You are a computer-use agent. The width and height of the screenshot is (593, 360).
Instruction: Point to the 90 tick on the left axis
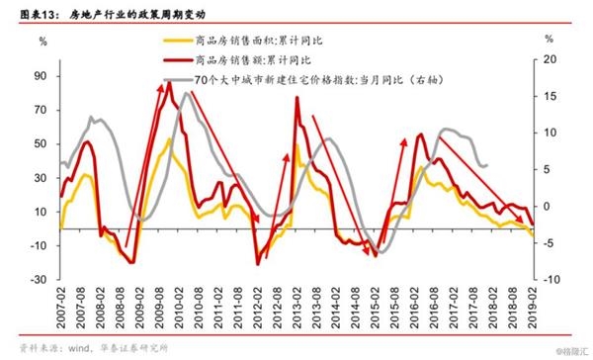tap(41, 76)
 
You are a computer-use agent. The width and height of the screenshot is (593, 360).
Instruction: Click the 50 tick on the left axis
tap(41, 144)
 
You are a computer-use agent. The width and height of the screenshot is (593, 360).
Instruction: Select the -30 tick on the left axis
tap(40, 280)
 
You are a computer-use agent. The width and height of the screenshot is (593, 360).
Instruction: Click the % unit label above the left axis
tap(42, 43)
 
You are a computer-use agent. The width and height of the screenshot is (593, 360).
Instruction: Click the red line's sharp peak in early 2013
tap(297, 97)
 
